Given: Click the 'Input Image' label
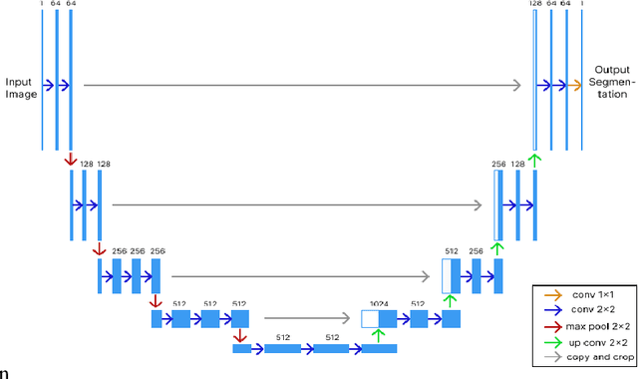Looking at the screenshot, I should (20, 88).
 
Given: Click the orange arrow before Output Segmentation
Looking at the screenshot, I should (575, 86).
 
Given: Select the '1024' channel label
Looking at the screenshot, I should (379, 303).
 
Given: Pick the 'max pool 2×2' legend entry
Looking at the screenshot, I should (598, 325).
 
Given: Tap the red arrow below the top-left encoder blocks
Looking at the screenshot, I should (69, 160).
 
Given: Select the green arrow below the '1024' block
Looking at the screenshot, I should (378, 333).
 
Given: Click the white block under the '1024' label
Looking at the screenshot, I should (369, 319).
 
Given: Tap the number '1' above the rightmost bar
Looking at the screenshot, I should (581, 4).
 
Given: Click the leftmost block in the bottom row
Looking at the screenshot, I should (239, 348).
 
